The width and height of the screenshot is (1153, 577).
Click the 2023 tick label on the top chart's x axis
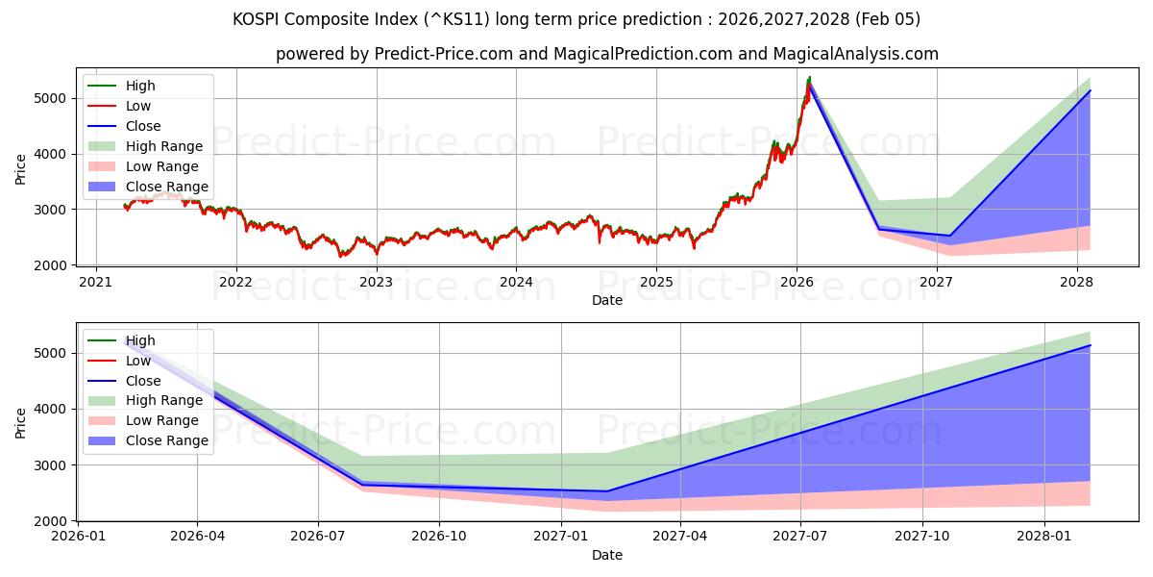376,282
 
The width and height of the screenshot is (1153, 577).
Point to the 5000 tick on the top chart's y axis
53,98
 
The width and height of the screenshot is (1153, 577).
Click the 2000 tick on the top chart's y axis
53,264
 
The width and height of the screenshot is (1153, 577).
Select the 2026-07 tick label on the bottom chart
318,537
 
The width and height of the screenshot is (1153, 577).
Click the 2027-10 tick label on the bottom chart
922,537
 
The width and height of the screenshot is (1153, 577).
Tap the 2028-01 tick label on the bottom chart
1043,537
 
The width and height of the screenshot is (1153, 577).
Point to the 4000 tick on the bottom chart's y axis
53,409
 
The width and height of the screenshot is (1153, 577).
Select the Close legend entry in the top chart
143,126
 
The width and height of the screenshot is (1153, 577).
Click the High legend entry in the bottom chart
140,340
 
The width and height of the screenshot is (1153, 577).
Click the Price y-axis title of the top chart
21,169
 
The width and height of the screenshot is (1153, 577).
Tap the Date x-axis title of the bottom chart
606,555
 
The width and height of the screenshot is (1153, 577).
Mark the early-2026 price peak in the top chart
809,78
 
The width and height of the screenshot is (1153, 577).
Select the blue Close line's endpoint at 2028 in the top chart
1090,90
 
